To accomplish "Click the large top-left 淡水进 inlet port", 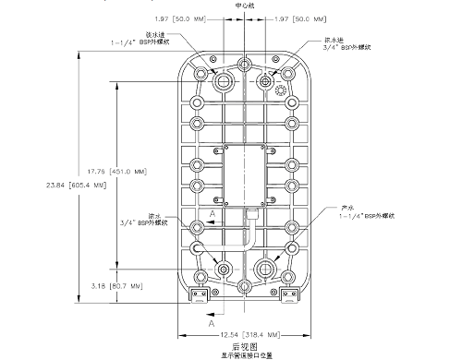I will tap(222, 82).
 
